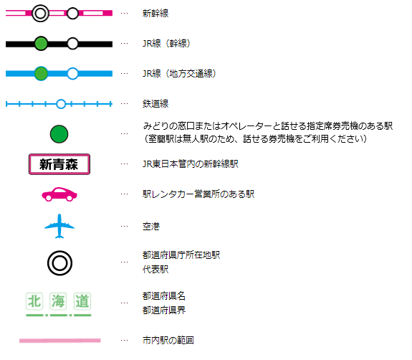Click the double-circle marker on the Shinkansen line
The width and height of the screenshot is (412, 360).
(x=40, y=13)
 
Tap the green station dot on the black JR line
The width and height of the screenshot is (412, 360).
(x=41, y=44)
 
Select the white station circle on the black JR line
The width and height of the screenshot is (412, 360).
(x=72, y=44)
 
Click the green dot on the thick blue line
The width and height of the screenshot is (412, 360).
(x=41, y=73)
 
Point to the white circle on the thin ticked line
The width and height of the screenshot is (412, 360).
(x=61, y=104)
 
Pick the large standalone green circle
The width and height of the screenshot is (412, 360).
(x=59, y=134)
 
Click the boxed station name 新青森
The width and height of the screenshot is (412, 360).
(x=59, y=164)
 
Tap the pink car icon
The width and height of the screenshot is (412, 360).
(x=59, y=194)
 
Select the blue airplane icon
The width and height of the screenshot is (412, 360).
(x=59, y=226)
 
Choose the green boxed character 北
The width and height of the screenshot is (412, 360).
(x=34, y=301)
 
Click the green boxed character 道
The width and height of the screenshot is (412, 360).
(x=82, y=301)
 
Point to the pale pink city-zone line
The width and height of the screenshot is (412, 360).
(x=60, y=341)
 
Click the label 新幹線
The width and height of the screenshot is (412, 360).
(x=155, y=13)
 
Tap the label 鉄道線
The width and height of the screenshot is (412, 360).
(x=155, y=103)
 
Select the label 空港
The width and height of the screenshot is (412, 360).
(x=151, y=226)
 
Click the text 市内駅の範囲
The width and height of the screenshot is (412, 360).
(x=168, y=340)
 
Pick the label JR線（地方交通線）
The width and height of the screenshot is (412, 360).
(x=179, y=73)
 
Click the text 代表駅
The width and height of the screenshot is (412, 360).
(x=155, y=269)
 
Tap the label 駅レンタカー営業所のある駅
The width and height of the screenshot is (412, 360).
(x=198, y=194)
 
